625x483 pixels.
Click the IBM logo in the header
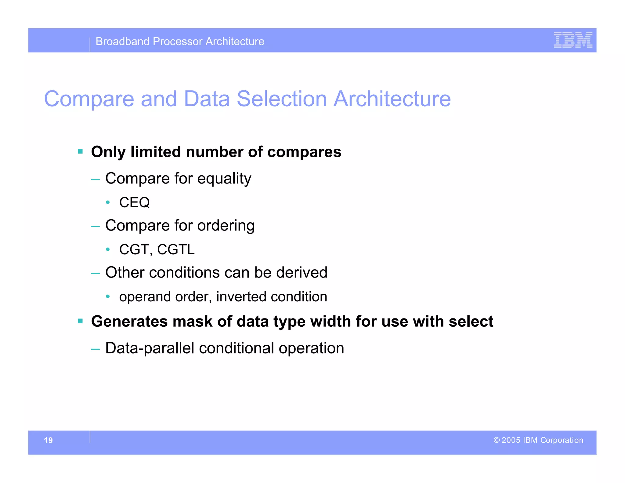pos(573,40)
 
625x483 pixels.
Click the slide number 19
pos(48,440)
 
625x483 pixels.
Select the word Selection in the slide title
pos(281,99)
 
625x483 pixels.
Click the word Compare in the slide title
pos(89,99)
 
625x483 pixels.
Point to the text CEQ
pos(134,202)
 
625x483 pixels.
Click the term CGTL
pos(176,249)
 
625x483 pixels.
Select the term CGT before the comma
pos(133,249)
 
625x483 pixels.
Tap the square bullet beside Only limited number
pos(80,151)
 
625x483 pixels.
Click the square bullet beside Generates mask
pos(80,321)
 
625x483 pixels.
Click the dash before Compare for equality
pos(95,179)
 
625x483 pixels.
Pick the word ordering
pos(226,226)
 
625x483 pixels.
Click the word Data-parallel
pos(150,348)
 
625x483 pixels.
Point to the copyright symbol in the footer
pos(497,440)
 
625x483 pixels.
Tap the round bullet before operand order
pos(108,296)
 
